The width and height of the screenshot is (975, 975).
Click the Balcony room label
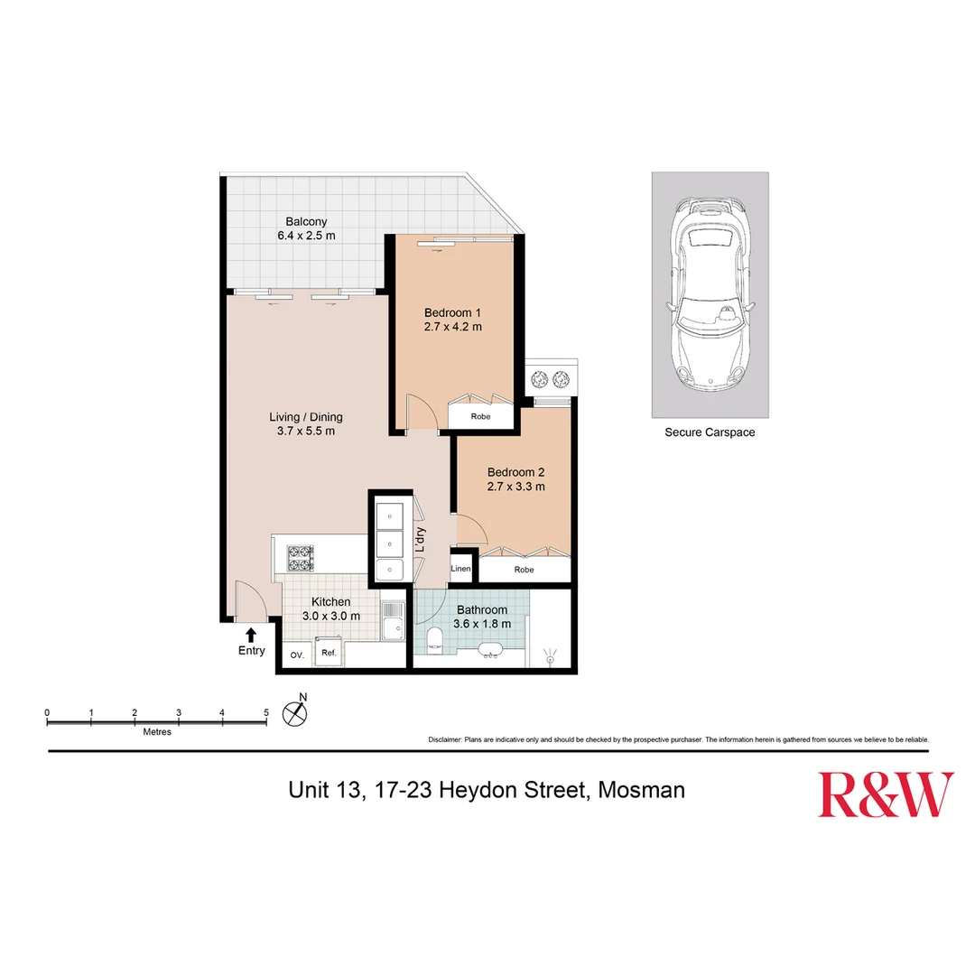[x=306, y=221]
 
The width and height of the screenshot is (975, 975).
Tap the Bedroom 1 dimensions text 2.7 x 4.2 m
[x=452, y=327]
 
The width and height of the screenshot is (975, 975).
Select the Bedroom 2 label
[x=515, y=471]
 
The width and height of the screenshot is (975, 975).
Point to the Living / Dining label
[x=306, y=417]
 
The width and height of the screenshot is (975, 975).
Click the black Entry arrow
[x=251, y=635]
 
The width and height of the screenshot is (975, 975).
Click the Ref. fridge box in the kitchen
[x=329, y=654]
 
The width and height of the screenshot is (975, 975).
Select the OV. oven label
[x=295, y=655]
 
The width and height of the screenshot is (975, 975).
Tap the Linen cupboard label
[x=461, y=570]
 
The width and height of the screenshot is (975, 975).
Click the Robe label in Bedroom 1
[x=480, y=416]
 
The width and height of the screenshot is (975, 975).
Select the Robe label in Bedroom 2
[x=524, y=570]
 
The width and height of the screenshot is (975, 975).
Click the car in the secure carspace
[x=710, y=294]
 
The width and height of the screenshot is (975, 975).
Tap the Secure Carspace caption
[x=710, y=432]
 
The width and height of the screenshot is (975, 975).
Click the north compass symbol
[x=295, y=712]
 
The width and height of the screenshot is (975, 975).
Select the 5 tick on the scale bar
[x=265, y=713]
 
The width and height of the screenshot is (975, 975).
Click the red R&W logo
[x=886, y=794]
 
